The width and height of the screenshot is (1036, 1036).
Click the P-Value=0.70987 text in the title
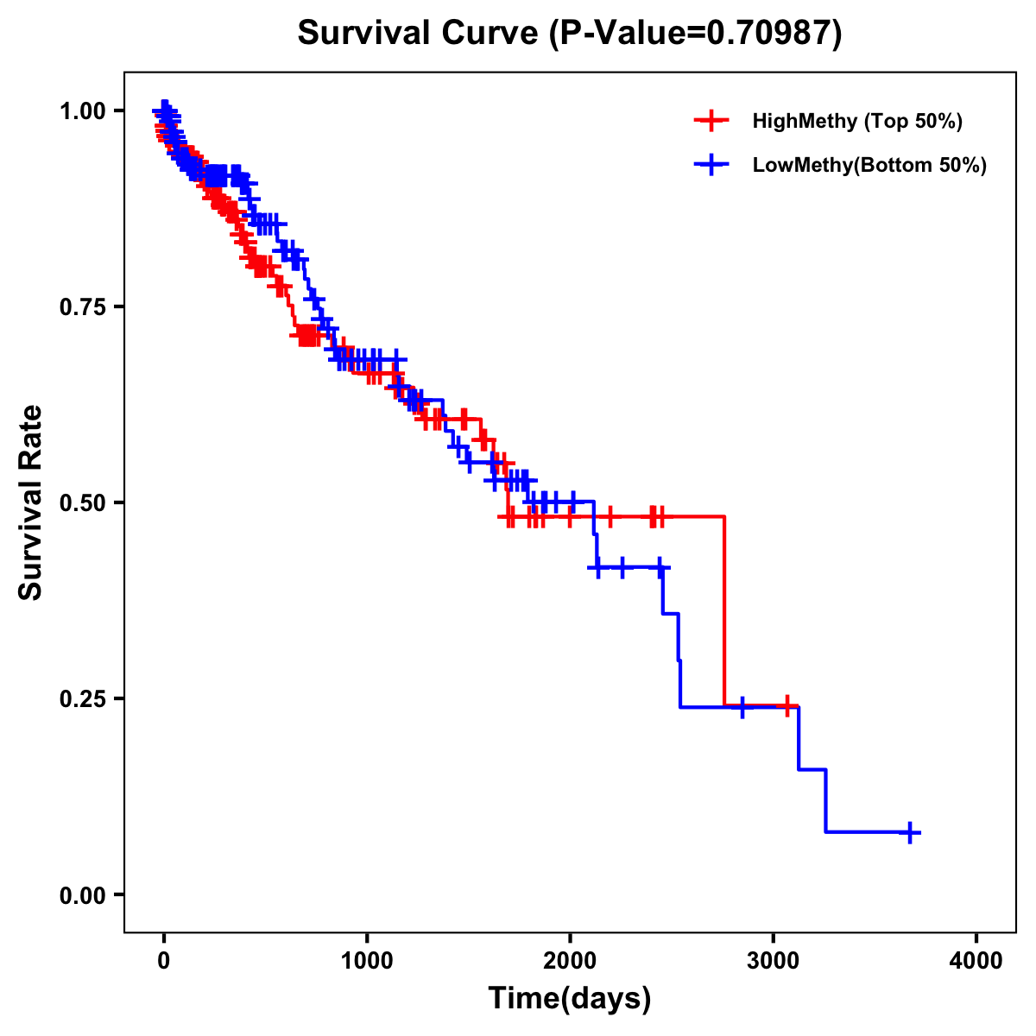point(698,33)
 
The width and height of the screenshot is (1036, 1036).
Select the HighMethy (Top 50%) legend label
point(856,121)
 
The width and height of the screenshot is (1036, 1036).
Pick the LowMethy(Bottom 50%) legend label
point(869,165)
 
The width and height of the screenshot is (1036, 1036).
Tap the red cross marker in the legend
point(711,121)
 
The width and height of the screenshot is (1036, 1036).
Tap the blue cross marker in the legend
point(711,165)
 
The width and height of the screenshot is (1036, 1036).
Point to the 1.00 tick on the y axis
point(82,111)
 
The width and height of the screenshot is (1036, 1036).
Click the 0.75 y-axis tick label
point(82,306)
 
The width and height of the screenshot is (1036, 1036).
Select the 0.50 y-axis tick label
point(82,502)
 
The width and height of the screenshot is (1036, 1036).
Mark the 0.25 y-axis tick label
point(82,698)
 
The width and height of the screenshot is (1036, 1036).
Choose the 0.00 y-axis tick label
point(82,894)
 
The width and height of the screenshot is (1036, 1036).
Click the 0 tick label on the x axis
point(164,961)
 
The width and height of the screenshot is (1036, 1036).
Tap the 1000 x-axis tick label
point(367,961)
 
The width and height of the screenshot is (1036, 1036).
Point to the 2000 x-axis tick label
point(570,961)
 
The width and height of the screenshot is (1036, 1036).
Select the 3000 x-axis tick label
point(774,961)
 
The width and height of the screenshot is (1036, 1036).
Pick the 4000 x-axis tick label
point(976,961)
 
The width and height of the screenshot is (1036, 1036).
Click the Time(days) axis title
point(570,999)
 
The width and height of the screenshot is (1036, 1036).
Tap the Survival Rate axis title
point(31,502)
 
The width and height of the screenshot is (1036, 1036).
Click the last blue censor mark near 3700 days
point(909,832)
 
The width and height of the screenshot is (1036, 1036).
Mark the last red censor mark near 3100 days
point(787,706)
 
